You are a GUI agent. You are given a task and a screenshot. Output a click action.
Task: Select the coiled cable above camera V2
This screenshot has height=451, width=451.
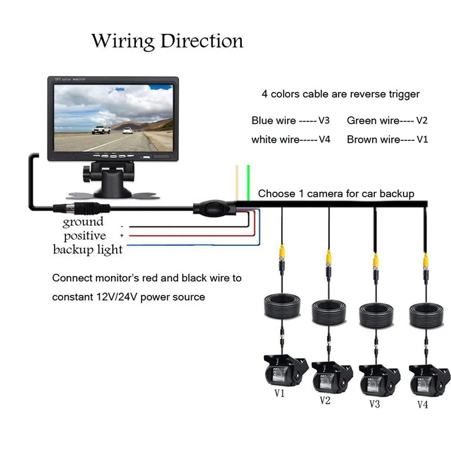[329, 312]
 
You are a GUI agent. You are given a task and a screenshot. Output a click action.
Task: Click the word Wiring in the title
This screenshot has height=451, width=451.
[123, 41]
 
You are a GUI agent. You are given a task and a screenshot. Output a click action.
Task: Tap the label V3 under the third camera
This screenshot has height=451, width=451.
[374, 404]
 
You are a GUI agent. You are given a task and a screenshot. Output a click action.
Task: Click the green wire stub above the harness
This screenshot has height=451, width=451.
[249, 183]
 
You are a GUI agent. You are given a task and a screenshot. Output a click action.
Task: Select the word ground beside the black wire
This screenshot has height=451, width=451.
[83, 222]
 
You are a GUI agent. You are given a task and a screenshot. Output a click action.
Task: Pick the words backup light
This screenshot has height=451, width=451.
[88, 249]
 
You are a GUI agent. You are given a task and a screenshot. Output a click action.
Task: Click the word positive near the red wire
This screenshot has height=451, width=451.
[85, 236]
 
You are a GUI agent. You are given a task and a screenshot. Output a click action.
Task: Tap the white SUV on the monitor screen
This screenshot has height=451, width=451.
[101, 130]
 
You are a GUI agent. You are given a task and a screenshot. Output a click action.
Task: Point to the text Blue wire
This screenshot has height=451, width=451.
[273, 121]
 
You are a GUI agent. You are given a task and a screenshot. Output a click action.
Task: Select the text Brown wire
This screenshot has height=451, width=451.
[373, 139]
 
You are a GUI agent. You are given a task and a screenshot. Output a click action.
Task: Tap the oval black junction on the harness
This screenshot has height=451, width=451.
[214, 207]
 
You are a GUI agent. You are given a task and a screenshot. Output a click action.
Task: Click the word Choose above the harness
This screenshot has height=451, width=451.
[276, 193]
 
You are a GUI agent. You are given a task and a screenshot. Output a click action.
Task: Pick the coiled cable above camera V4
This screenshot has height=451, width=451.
[426, 315]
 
